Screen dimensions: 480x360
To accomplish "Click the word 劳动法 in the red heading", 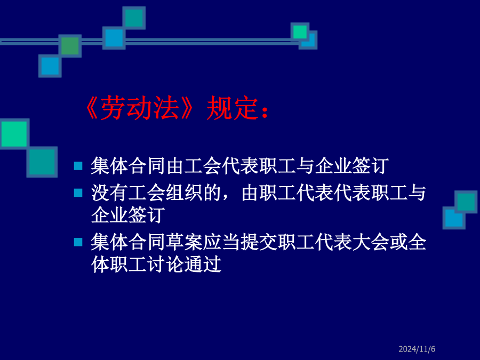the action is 140,107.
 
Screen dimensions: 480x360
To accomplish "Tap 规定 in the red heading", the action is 232,107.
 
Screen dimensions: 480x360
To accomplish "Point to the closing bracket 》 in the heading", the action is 187,107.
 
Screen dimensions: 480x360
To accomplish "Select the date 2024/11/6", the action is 417,349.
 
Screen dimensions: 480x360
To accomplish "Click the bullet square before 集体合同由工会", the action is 78,166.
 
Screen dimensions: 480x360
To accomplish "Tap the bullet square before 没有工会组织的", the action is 78,193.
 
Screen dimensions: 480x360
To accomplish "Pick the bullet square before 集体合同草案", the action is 78,242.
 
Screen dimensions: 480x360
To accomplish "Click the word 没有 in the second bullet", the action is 109,193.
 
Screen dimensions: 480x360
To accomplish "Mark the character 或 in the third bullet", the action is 398,242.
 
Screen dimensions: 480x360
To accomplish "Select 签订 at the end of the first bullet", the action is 371,166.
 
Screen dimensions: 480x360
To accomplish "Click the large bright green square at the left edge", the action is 14,134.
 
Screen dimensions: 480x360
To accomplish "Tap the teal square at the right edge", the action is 466,202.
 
